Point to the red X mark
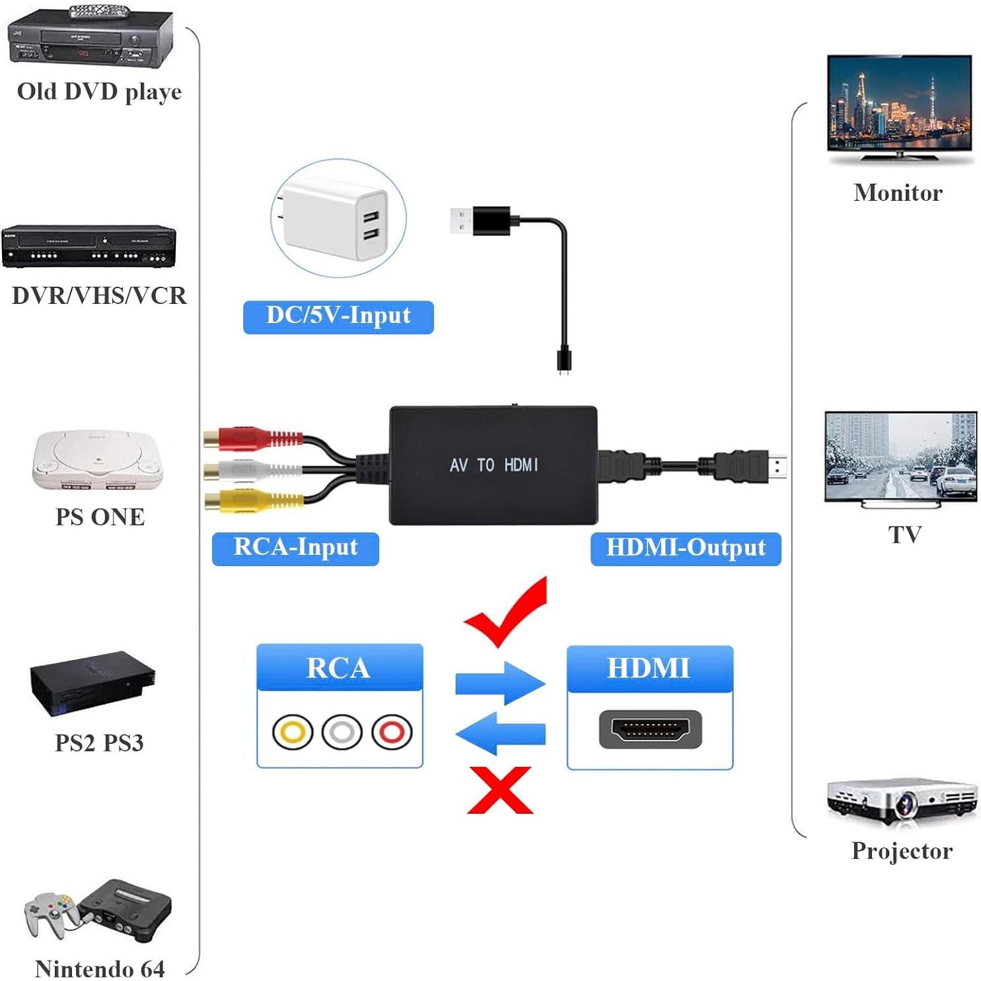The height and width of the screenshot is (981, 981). tap(500, 790)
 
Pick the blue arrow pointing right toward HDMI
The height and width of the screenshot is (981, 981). tap(500, 683)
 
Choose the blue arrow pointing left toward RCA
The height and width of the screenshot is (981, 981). tap(500, 733)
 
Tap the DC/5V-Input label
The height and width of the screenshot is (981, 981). tap(338, 316)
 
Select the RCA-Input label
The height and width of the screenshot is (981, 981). tap(295, 548)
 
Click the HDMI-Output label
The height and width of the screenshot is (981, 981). tap(685, 548)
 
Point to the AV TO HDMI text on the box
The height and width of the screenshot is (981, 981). tap(493, 465)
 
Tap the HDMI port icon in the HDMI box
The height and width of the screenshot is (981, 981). tap(650, 730)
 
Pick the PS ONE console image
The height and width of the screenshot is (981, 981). tap(99, 460)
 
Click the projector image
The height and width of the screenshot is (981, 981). tap(902, 801)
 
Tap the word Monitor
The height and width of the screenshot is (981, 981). tap(898, 193)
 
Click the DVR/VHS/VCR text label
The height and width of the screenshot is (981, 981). tap(99, 295)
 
